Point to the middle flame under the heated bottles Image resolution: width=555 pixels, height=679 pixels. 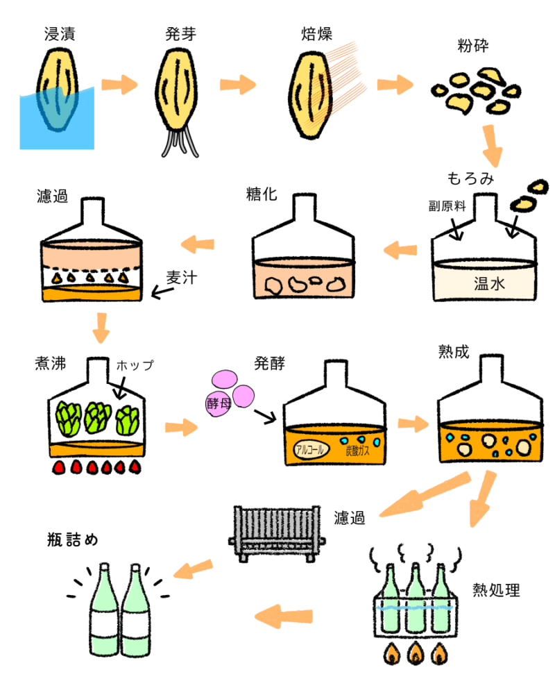tap(415, 653)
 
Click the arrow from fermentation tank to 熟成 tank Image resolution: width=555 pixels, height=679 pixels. tap(413, 424)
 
